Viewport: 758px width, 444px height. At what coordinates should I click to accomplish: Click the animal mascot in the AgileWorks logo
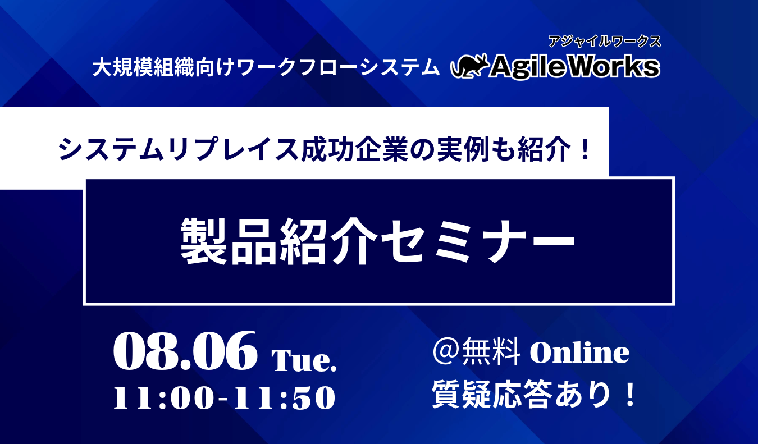tap(471, 66)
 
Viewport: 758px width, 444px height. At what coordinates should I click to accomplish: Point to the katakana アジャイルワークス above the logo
tap(605, 42)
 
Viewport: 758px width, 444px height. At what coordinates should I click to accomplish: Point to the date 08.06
tap(185, 352)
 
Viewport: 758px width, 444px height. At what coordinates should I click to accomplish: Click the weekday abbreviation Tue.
tap(304, 361)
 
